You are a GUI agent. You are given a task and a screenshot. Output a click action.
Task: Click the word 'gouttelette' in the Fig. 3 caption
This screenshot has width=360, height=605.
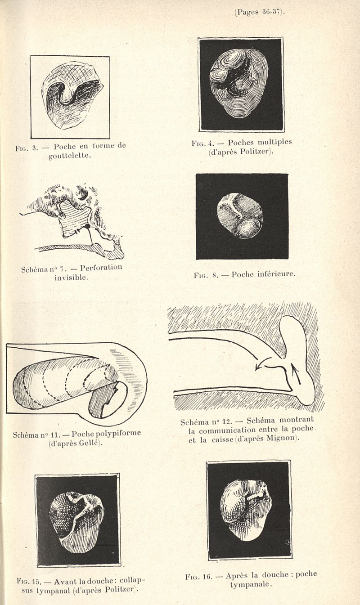pos(72,155)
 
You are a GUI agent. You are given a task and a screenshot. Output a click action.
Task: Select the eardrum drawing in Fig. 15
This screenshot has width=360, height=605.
pos(76,521)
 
